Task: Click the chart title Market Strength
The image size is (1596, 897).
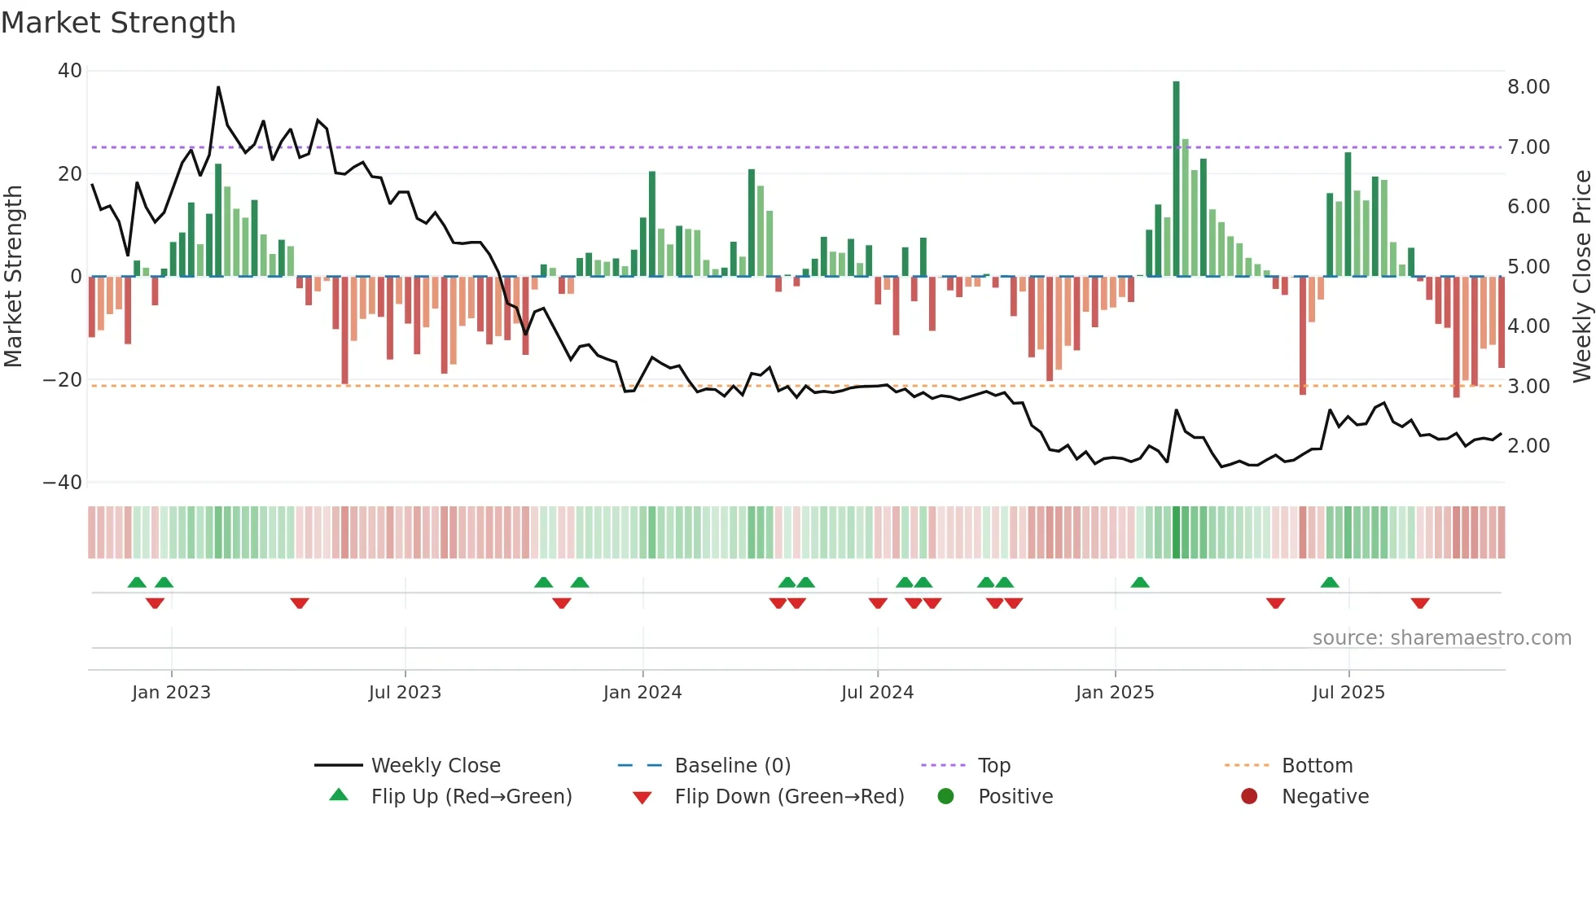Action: coord(119,23)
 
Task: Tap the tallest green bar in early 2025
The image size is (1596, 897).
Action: coord(1176,179)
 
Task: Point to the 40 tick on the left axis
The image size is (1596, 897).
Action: coord(70,71)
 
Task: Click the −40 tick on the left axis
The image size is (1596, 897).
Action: coord(63,483)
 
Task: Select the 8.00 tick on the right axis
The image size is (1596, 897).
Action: coord(1528,87)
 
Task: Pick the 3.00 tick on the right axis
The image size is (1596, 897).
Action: coord(1528,387)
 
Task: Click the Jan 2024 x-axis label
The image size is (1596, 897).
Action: coord(642,693)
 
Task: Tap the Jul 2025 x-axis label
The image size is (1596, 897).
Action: coord(1348,693)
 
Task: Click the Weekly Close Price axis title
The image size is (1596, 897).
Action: coord(1581,277)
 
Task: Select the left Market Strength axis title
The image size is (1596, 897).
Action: coord(13,277)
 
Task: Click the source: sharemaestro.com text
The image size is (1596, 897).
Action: coord(1441,638)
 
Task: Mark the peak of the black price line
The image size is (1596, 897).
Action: coord(218,87)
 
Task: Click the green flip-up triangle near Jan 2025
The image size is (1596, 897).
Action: coord(1140,583)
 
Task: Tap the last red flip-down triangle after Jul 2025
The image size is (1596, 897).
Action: coord(1420,603)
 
